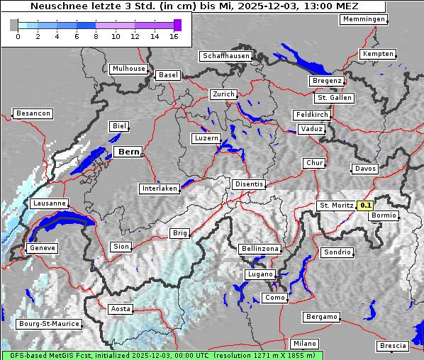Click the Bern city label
[128, 152]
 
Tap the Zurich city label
[223, 94]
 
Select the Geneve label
[41, 248]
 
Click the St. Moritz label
[336, 206]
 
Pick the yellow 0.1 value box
[365, 206]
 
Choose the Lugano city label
[260, 274]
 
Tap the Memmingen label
[364, 19]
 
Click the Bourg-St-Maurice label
[48, 324]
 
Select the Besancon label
[33, 113]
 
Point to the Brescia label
[393, 345]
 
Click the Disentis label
[249, 184]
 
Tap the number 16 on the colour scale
[174, 36]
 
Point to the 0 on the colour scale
[18, 36]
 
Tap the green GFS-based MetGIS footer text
[162, 355]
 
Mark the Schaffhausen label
[225, 55]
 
